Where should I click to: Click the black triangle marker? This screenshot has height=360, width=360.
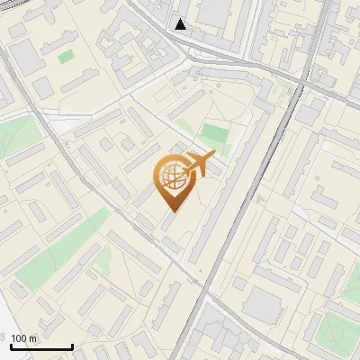[181, 24]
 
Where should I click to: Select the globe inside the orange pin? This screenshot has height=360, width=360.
[171, 177]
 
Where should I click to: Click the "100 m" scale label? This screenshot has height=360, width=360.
[24, 337]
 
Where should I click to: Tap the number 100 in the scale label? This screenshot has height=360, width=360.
[19, 337]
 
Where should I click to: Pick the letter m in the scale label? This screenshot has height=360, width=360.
[33, 338]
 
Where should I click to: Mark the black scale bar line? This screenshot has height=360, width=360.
[40, 347]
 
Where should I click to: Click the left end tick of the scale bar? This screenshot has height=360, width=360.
[9, 345]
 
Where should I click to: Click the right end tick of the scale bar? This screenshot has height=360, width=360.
[72, 345]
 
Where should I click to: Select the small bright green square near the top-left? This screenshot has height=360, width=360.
[67, 57]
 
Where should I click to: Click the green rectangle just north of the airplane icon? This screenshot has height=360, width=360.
[214, 134]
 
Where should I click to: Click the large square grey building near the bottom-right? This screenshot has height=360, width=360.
[262, 306]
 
